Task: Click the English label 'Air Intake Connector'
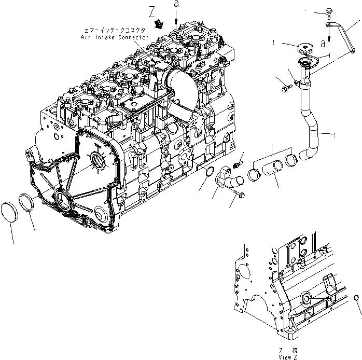point(114,37)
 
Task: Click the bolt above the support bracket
point(330,11)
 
